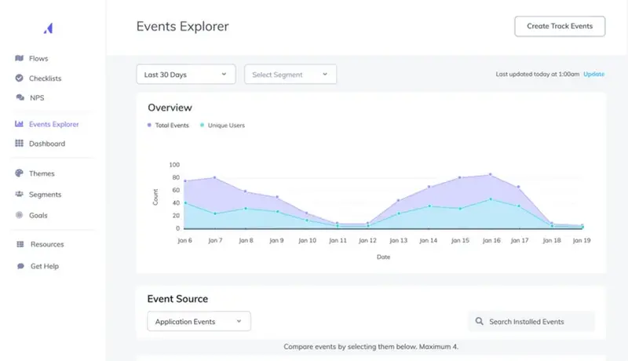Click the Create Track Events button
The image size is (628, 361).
tap(560, 26)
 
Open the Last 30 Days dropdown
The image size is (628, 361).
tap(186, 75)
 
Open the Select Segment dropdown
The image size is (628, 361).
tap(290, 75)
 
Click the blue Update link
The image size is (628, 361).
tap(593, 74)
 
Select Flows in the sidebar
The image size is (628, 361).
tap(38, 58)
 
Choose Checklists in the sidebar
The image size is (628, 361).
tap(45, 78)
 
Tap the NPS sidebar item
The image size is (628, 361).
tap(37, 98)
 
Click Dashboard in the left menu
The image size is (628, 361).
tap(46, 144)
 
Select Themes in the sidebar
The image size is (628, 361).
tap(42, 173)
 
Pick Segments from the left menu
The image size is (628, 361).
tap(45, 194)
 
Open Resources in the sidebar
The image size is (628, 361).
tap(46, 244)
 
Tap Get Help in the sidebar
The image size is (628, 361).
tap(44, 266)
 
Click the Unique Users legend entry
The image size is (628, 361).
tap(225, 126)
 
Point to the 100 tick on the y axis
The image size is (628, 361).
tap(174, 166)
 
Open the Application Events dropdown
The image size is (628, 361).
tap(199, 321)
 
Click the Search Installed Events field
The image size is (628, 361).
tap(531, 321)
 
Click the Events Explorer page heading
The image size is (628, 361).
tap(182, 26)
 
